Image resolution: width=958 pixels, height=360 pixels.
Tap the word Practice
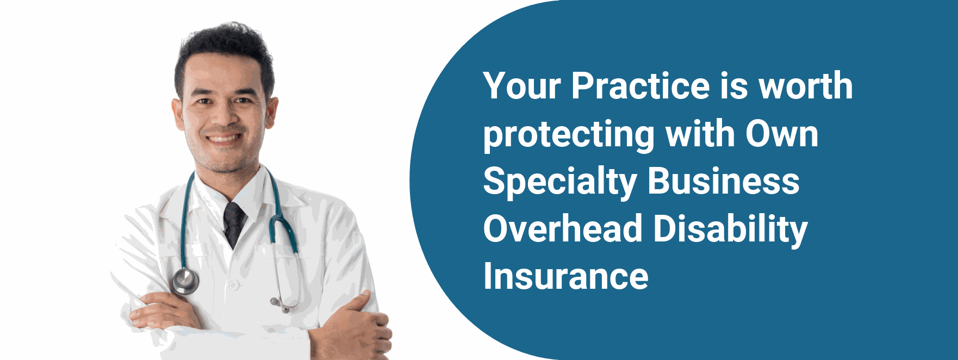point(640,86)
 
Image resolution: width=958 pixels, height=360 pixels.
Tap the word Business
point(724,181)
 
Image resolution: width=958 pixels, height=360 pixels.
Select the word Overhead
point(563,229)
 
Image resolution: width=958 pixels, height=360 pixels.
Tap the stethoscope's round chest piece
point(185,281)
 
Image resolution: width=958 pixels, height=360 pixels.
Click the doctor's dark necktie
point(234,224)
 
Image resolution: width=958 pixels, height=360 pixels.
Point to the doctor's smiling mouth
point(223,138)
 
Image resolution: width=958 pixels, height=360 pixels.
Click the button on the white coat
point(233,284)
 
